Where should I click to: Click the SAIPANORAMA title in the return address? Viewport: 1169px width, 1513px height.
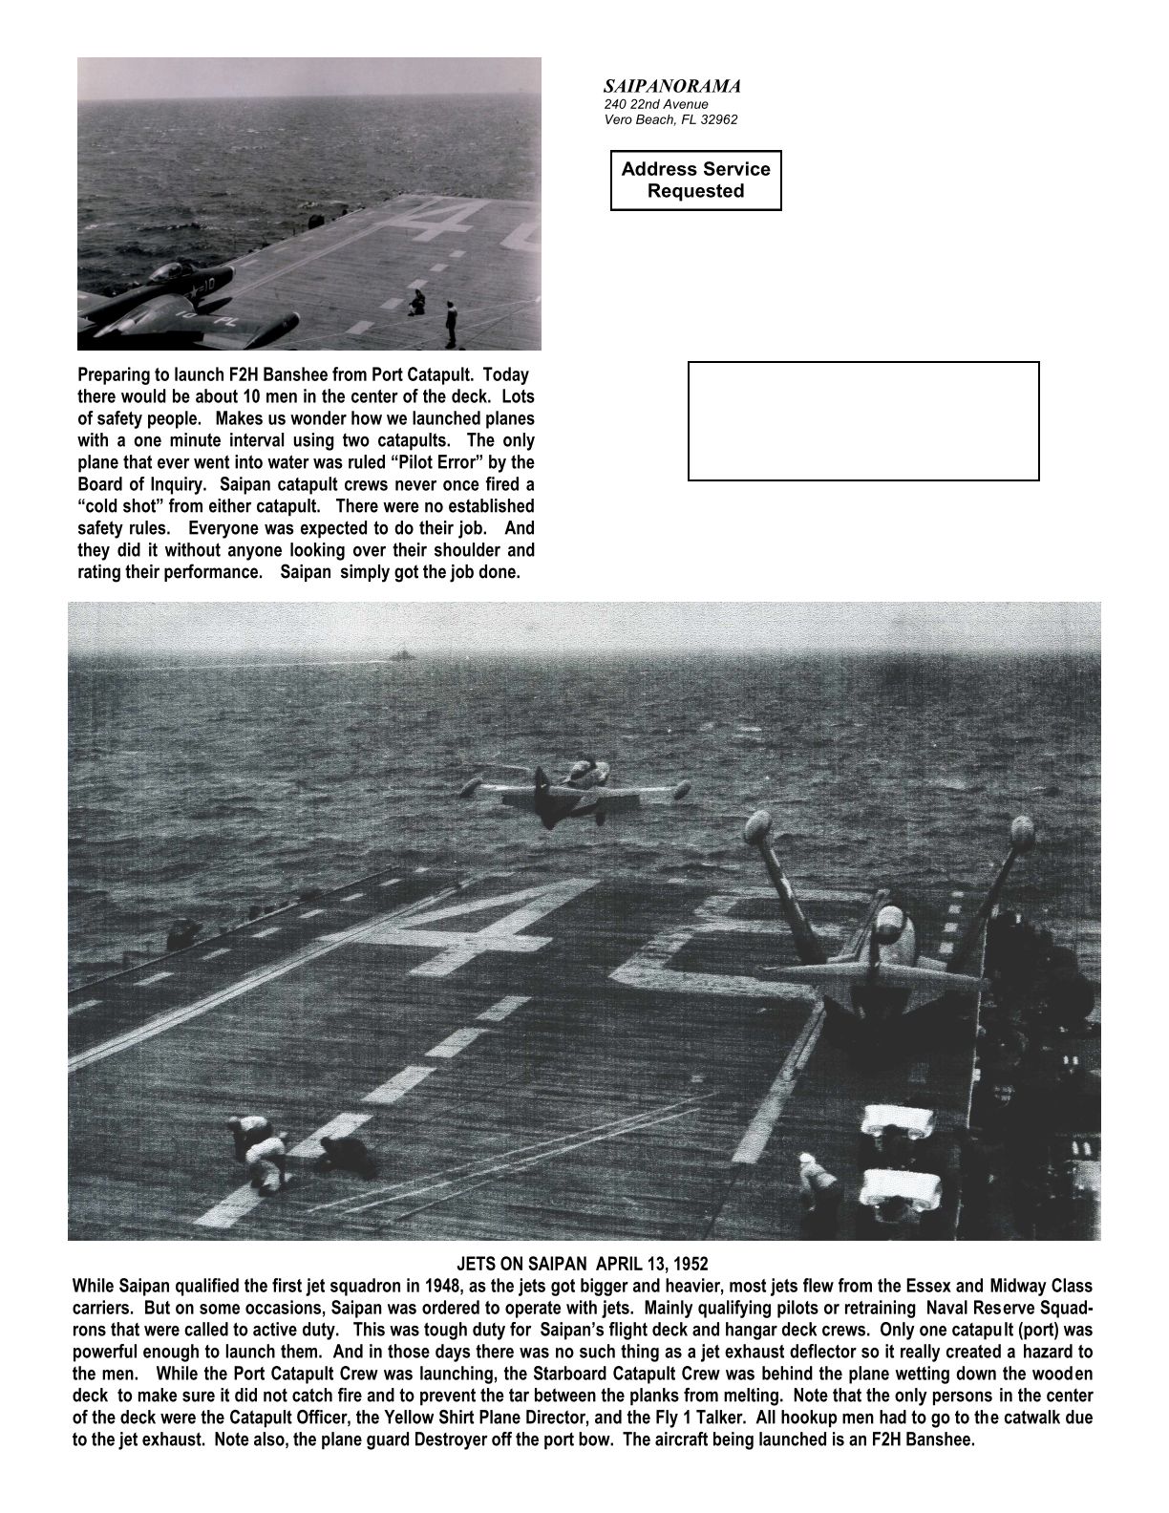click(x=671, y=86)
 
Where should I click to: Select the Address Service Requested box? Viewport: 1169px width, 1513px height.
click(x=695, y=180)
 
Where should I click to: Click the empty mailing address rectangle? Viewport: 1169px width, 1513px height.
click(x=863, y=420)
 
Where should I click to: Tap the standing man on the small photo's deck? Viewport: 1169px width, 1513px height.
click(x=450, y=323)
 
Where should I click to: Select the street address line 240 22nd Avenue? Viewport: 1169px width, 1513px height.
click(x=655, y=104)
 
